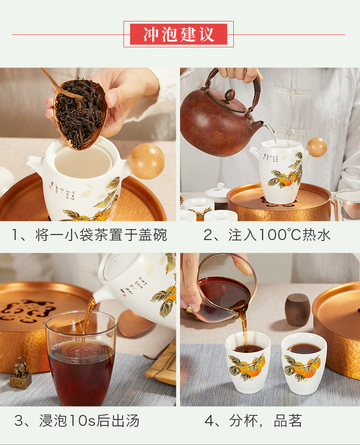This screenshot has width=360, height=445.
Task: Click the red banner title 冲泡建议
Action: tap(179, 34)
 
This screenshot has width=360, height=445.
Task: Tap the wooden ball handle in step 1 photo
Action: tap(146, 161)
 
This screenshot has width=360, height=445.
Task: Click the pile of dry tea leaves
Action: tap(78, 112)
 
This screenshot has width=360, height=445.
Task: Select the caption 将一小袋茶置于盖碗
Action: tap(101, 235)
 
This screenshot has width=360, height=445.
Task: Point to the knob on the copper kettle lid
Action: tap(230, 94)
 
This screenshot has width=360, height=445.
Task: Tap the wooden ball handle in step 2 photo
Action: tap(317, 147)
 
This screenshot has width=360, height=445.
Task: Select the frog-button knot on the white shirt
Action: tap(291, 92)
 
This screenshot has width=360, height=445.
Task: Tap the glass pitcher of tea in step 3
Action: tap(80, 357)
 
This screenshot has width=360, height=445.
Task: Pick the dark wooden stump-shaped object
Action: tap(297, 309)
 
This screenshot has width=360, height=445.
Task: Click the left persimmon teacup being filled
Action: tap(248, 362)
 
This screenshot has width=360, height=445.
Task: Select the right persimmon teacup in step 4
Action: tap(304, 364)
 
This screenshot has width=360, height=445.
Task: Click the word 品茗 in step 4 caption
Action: tap(288, 420)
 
